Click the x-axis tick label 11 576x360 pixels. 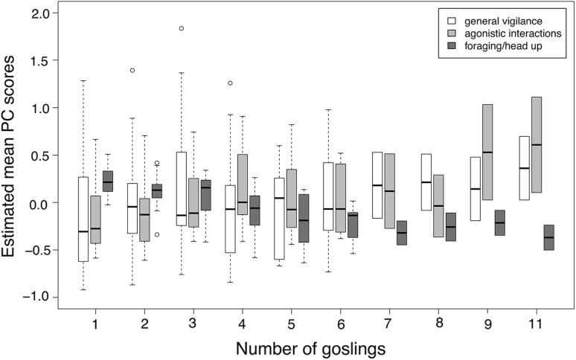coord(532,325)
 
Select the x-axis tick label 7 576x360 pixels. coord(386,325)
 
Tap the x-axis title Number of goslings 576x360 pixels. coord(312,347)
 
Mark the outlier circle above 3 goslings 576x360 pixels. coord(181,29)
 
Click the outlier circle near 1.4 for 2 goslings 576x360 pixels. coord(132,71)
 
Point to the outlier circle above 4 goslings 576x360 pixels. coord(230,83)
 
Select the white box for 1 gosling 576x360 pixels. coord(83,219)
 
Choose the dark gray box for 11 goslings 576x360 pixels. coord(548,237)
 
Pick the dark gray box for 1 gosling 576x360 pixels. coord(108,181)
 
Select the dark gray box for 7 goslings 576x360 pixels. coord(402,233)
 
